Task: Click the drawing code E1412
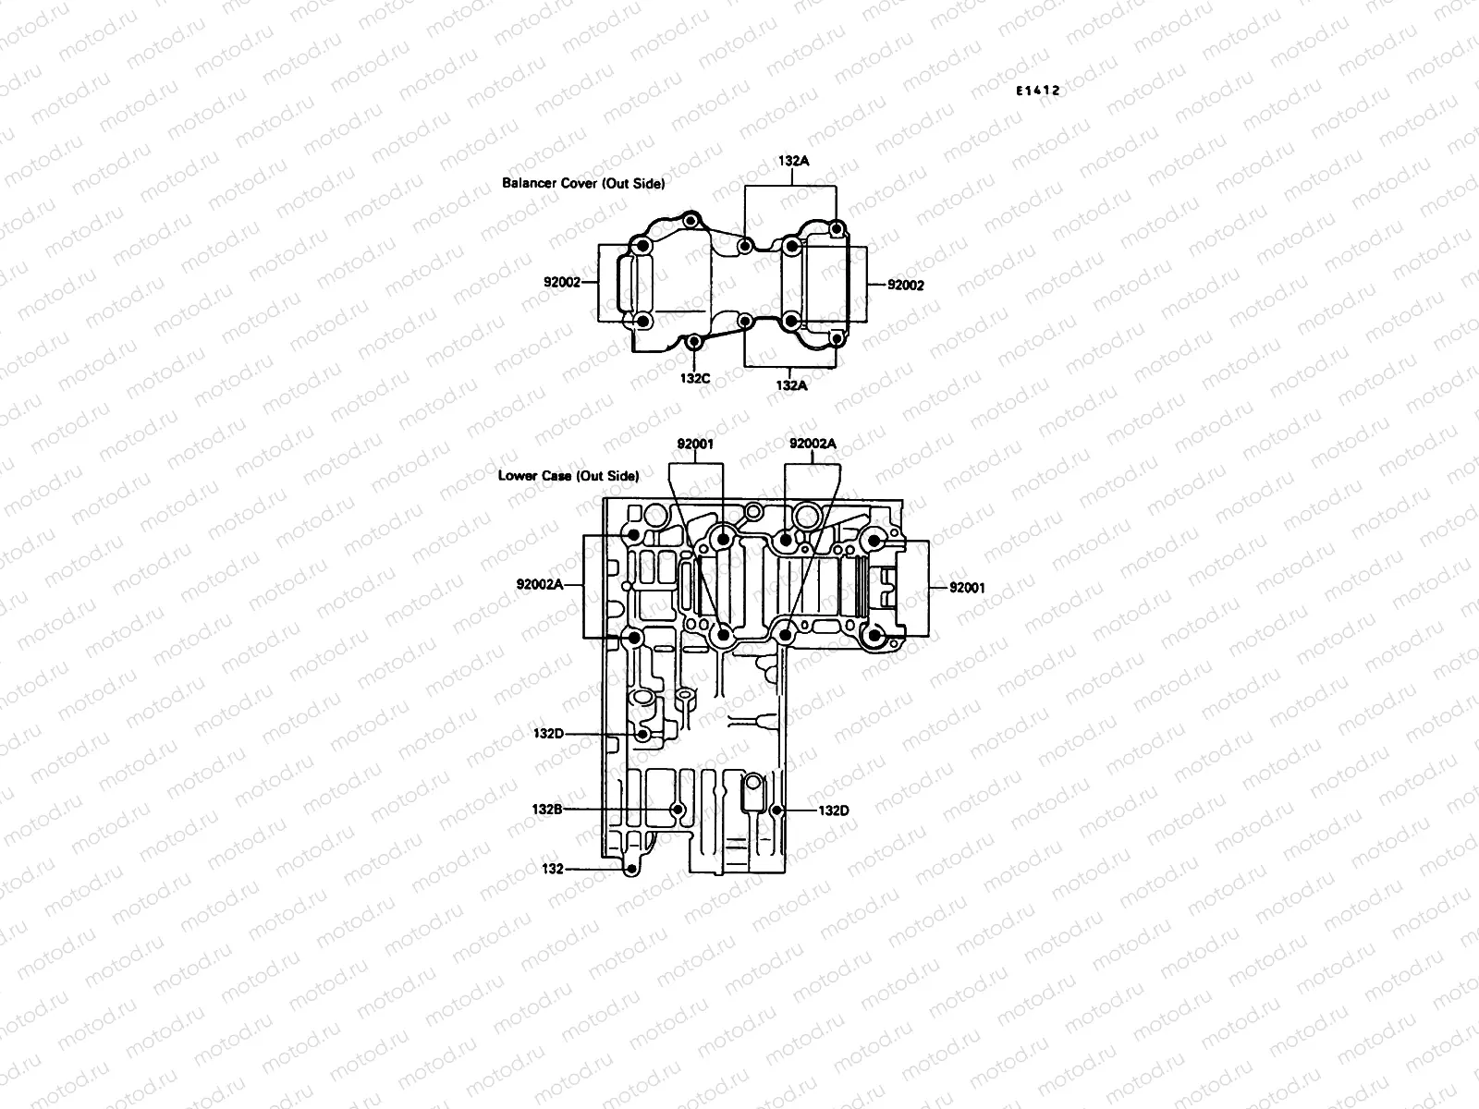coord(1036,91)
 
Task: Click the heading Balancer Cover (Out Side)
coord(583,183)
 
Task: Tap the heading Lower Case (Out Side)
coord(568,476)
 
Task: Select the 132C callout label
coord(695,377)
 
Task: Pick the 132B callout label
coord(547,809)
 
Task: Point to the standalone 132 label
coord(553,869)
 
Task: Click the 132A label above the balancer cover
coord(793,161)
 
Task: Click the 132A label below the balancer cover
coord(791,385)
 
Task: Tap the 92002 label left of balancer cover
coord(561,282)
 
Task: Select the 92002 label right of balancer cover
coord(906,286)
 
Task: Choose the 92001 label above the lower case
coord(695,444)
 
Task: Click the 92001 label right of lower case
coord(968,587)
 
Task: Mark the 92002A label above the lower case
coord(813,444)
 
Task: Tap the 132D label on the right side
coord(834,810)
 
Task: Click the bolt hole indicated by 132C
coord(695,343)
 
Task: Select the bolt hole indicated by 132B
coord(678,810)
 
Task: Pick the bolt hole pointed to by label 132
coord(630,870)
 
